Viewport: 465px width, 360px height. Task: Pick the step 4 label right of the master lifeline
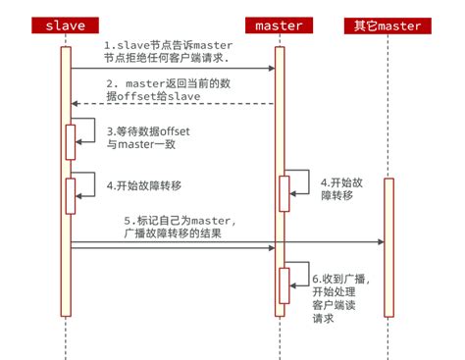344,189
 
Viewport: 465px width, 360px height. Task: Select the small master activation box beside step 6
284,284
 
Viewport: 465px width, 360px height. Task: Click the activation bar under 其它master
388,246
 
